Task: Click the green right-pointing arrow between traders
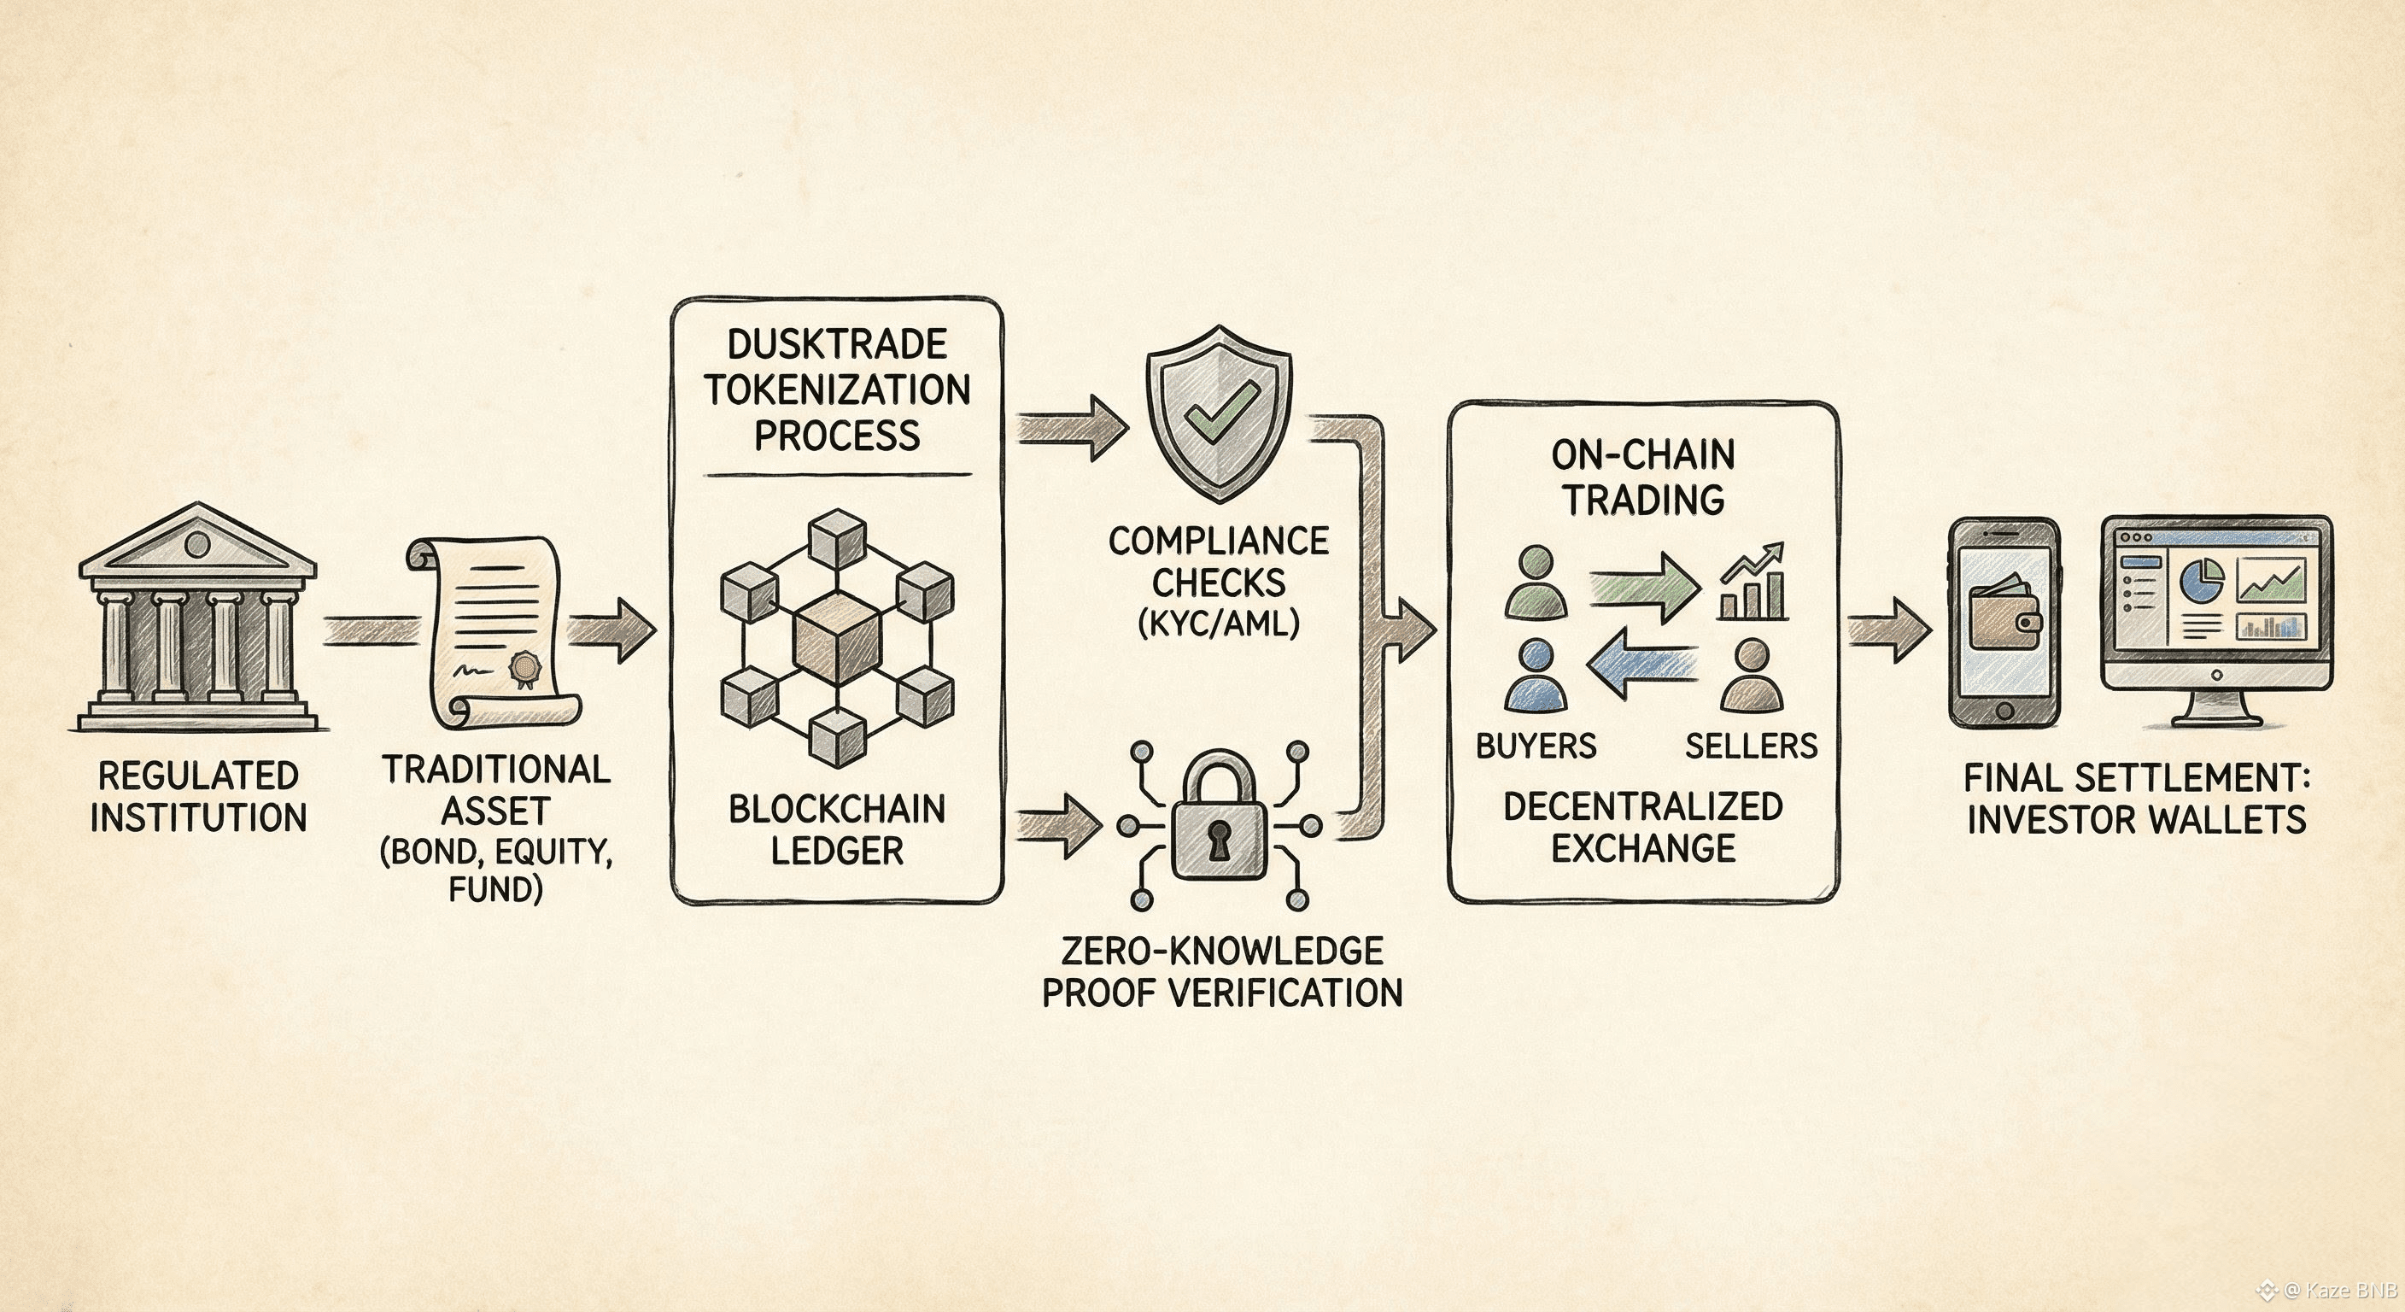(1644, 585)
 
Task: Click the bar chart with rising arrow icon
(1753, 583)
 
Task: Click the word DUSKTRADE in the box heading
(836, 344)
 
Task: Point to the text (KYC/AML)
(1219, 623)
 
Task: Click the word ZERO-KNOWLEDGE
(1222, 951)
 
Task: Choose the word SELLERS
(1751, 745)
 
